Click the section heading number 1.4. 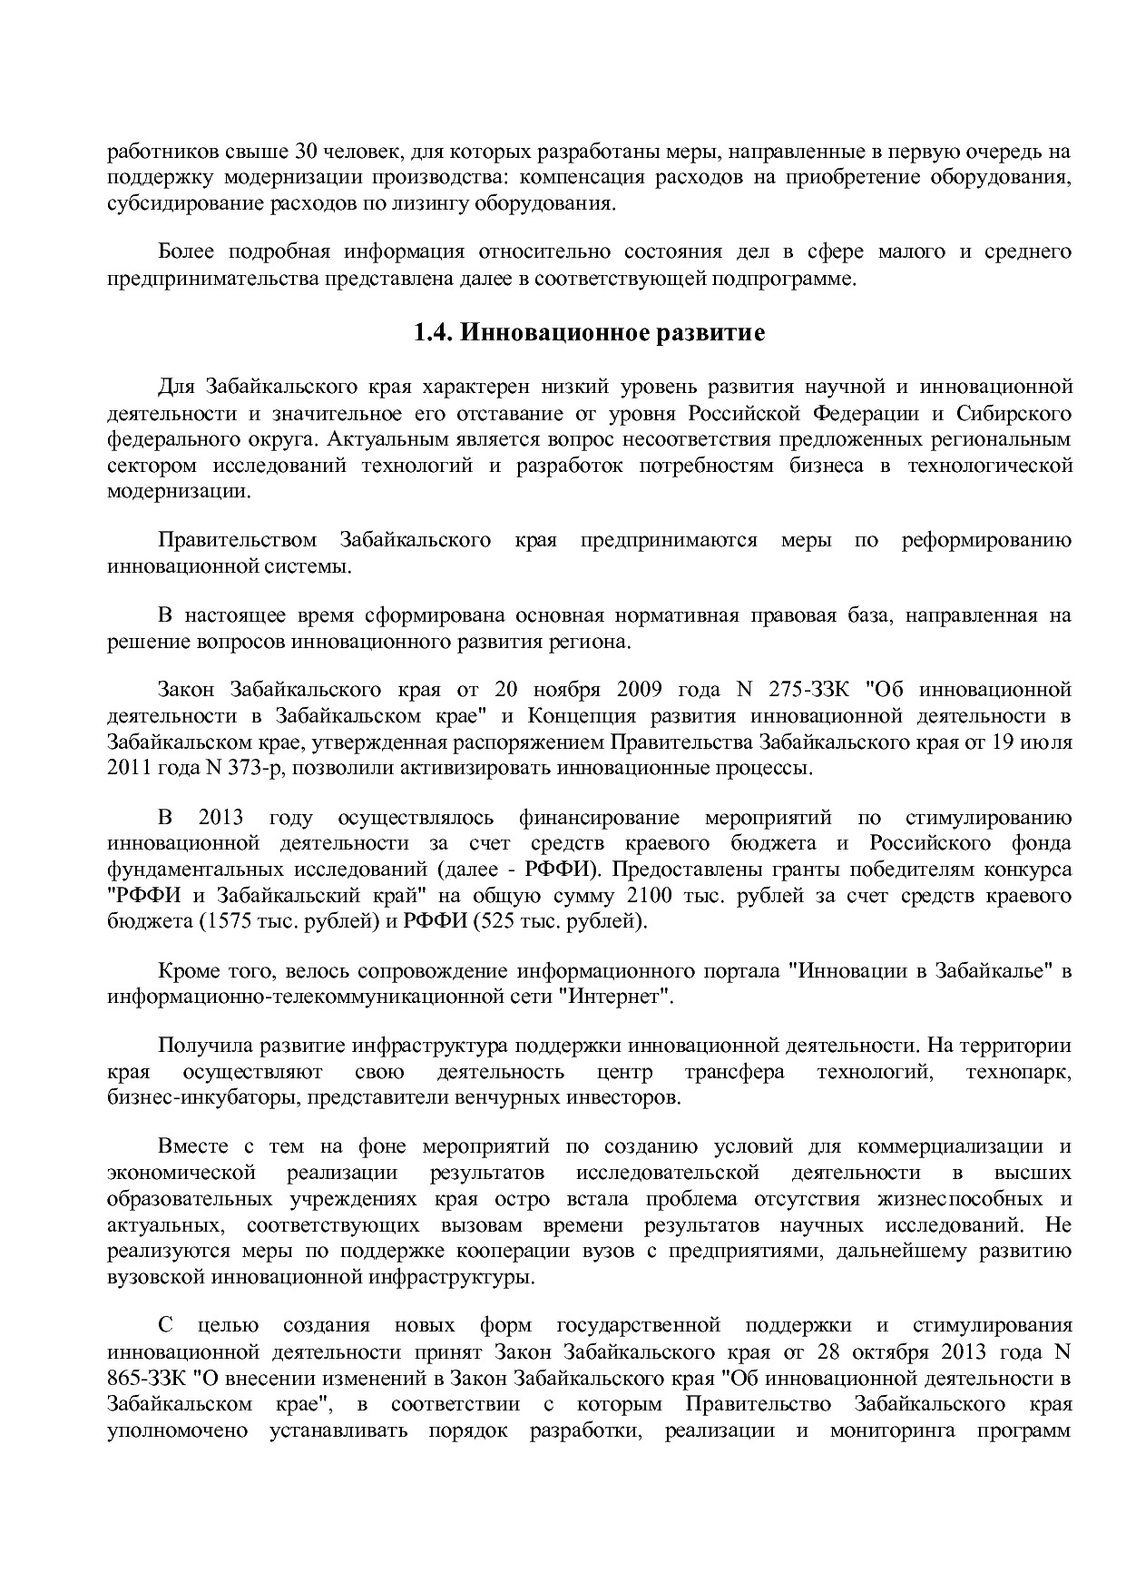coord(434,333)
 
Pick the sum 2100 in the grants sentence coord(641,896)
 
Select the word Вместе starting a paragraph coord(190,1145)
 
